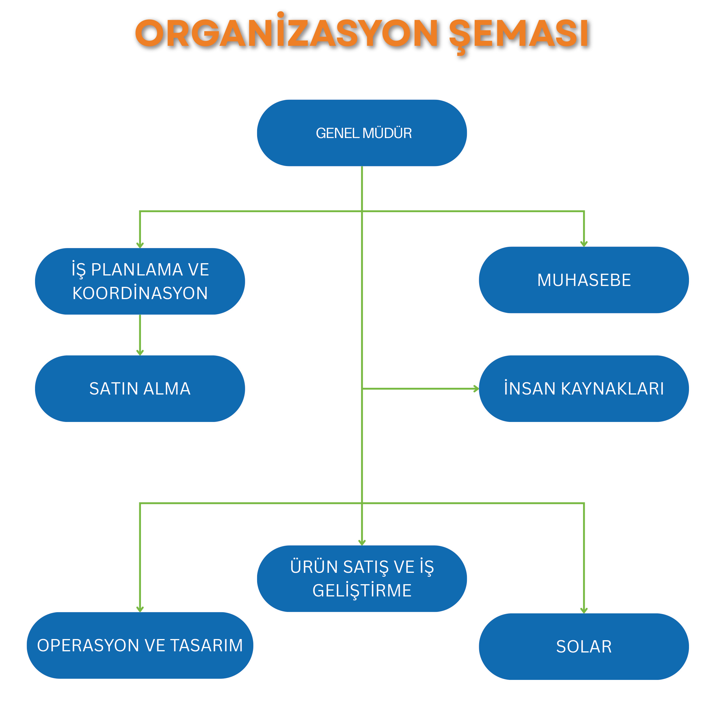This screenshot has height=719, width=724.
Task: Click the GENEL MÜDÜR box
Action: coord(362,133)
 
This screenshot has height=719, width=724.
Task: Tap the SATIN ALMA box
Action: coord(140,389)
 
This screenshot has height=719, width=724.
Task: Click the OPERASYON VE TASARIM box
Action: coord(140,645)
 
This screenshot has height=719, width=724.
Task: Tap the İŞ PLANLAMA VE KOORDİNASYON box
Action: coord(140,281)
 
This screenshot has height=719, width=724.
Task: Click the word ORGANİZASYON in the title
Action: coord(287,34)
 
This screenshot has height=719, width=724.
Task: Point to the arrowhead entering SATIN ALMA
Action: coord(140,352)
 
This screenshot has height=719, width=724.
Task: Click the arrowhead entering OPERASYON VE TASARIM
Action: coord(140,609)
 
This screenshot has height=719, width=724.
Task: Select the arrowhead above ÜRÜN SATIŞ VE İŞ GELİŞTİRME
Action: coord(362,542)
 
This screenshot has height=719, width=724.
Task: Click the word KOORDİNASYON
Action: coord(140,293)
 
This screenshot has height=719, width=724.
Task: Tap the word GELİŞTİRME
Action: coord(362,591)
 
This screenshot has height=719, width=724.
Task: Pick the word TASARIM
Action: coord(207,645)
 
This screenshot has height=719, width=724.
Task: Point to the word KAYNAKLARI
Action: coord(612,389)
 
